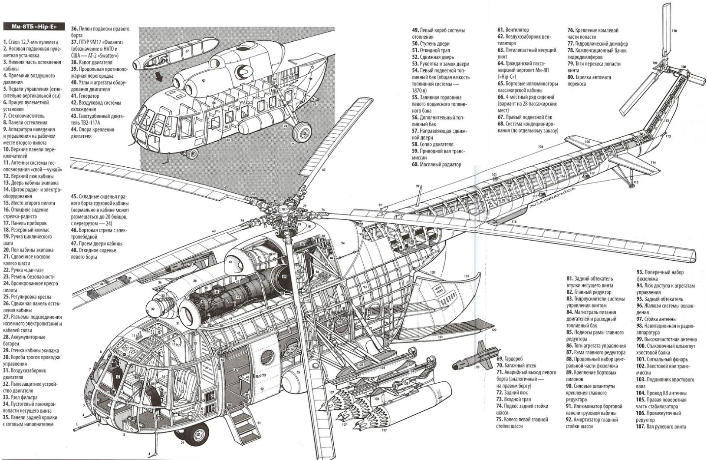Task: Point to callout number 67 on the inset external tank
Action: [187, 51]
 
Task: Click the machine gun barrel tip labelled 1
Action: [78, 423]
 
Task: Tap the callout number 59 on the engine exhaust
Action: [284, 276]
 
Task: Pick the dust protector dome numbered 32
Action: [152, 309]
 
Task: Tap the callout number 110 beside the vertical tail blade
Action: [674, 31]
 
